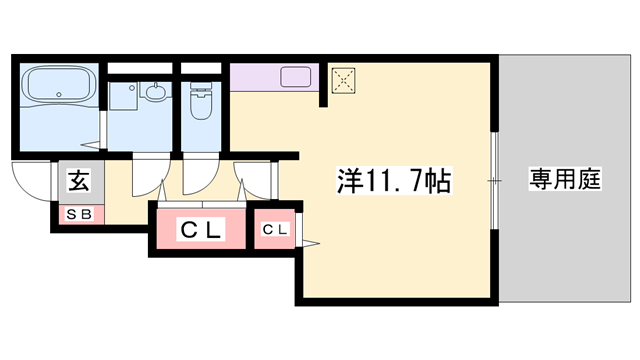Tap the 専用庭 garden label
(564, 181)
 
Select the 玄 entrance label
(78, 181)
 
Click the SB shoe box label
(77, 214)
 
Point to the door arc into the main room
(258, 178)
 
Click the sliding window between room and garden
(495, 181)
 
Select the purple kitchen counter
(274, 77)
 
